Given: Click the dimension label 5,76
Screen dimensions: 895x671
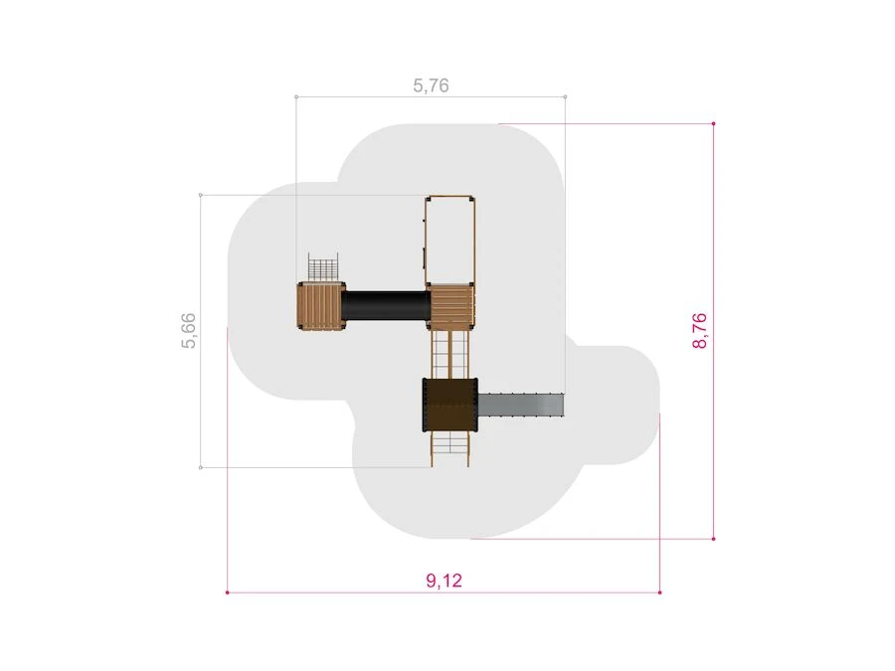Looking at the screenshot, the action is point(431,85).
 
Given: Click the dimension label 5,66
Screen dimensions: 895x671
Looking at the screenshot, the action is point(188,330).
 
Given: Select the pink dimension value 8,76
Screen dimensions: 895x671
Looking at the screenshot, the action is point(699,330).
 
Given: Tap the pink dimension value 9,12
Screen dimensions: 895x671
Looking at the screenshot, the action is point(445,581).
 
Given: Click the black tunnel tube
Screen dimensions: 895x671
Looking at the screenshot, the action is point(386,305).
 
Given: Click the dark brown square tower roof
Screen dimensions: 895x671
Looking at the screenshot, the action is point(450,406).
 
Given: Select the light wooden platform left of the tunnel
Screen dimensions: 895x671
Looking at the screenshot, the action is point(321,305).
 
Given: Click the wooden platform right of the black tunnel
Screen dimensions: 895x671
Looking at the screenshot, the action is point(451,306).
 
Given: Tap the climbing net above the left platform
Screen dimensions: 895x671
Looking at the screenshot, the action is point(323,267).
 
